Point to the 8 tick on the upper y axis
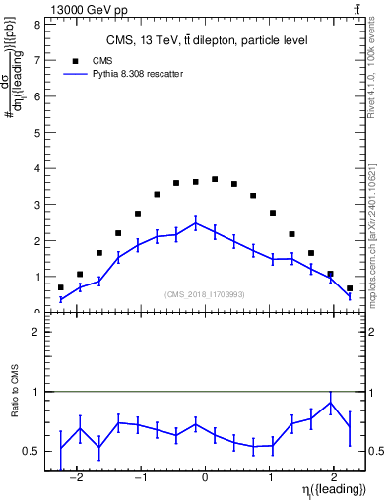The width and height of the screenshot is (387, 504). pos(36,25)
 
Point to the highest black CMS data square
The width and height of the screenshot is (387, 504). pos(215,179)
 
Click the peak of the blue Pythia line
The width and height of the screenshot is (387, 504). pos(196,223)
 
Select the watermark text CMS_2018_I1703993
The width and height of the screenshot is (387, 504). pos(204,294)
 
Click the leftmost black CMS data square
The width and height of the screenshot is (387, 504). pos(61,287)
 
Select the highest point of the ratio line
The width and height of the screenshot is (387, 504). pos(330,402)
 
